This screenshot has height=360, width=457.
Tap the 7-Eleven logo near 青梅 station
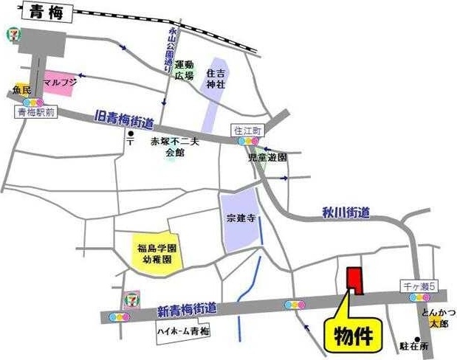coord(13,35)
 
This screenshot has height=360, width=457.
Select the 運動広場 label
coord(184,70)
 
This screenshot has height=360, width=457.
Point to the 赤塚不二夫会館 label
coord(175,145)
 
